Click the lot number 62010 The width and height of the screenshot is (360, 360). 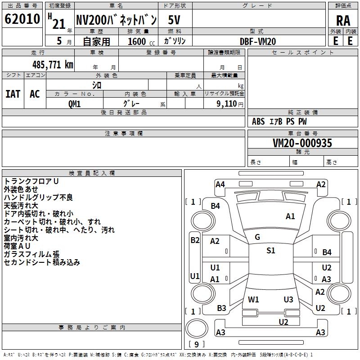click(x=22, y=19)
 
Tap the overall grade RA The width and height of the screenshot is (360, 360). click(x=343, y=21)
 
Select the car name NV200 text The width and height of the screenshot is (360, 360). click(x=116, y=20)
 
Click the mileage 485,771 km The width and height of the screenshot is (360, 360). click(x=53, y=64)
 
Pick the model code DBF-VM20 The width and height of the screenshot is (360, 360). click(x=258, y=41)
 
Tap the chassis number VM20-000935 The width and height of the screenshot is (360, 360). click(x=302, y=143)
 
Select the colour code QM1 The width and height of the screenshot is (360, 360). click(x=74, y=103)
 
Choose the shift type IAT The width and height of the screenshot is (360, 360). click(x=13, y=94)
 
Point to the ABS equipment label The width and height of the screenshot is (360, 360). click(x=258, y=121)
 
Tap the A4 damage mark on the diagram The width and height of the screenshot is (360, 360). click(x=220, y=184)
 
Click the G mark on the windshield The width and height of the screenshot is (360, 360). click(x=257, y=237)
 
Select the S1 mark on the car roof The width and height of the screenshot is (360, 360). click(x=270, y=251)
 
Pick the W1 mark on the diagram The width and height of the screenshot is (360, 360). click(x=253, y=299)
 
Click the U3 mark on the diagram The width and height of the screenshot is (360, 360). click(x=288, y=299)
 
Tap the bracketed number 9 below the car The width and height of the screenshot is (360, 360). click(x=197, y=344)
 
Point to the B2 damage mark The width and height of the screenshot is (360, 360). click(x=194, y=240)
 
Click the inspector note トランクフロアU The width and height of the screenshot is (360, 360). click(x=31, y=181)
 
